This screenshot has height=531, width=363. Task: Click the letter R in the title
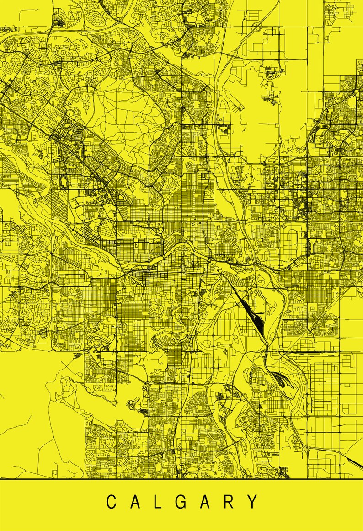[228, 502]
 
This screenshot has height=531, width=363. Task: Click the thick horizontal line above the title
[181, 478]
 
